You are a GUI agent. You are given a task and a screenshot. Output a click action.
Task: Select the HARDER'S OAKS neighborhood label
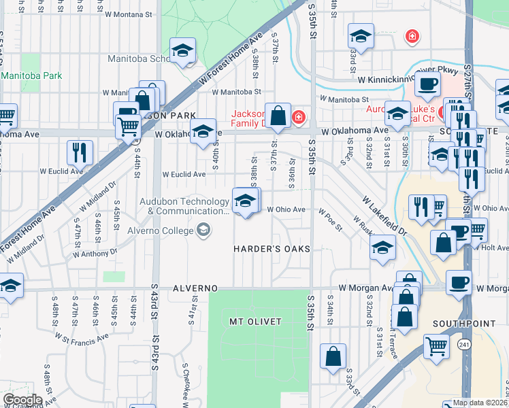click(272, 249)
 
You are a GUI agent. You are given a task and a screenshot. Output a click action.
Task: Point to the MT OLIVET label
click(255, 321)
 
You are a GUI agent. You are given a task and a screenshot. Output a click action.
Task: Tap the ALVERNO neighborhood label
click(197, 288)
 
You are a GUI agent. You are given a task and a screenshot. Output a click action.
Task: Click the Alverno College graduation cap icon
click(203, 231)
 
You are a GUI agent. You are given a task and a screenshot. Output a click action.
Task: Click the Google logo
click(22, 399)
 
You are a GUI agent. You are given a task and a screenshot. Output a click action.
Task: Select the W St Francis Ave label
click(82, 337)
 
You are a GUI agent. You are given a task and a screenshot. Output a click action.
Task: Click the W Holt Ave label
click(494, 248)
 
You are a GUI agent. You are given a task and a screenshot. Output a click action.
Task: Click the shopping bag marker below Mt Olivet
click(333, 356)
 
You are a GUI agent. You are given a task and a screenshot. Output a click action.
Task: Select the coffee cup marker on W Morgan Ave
click(459, 282)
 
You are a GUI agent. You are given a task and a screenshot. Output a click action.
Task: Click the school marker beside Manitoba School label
click(182, 50)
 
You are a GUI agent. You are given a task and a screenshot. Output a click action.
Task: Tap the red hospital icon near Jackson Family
click(298, 118)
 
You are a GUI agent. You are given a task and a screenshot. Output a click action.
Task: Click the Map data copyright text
click(480, 403)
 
